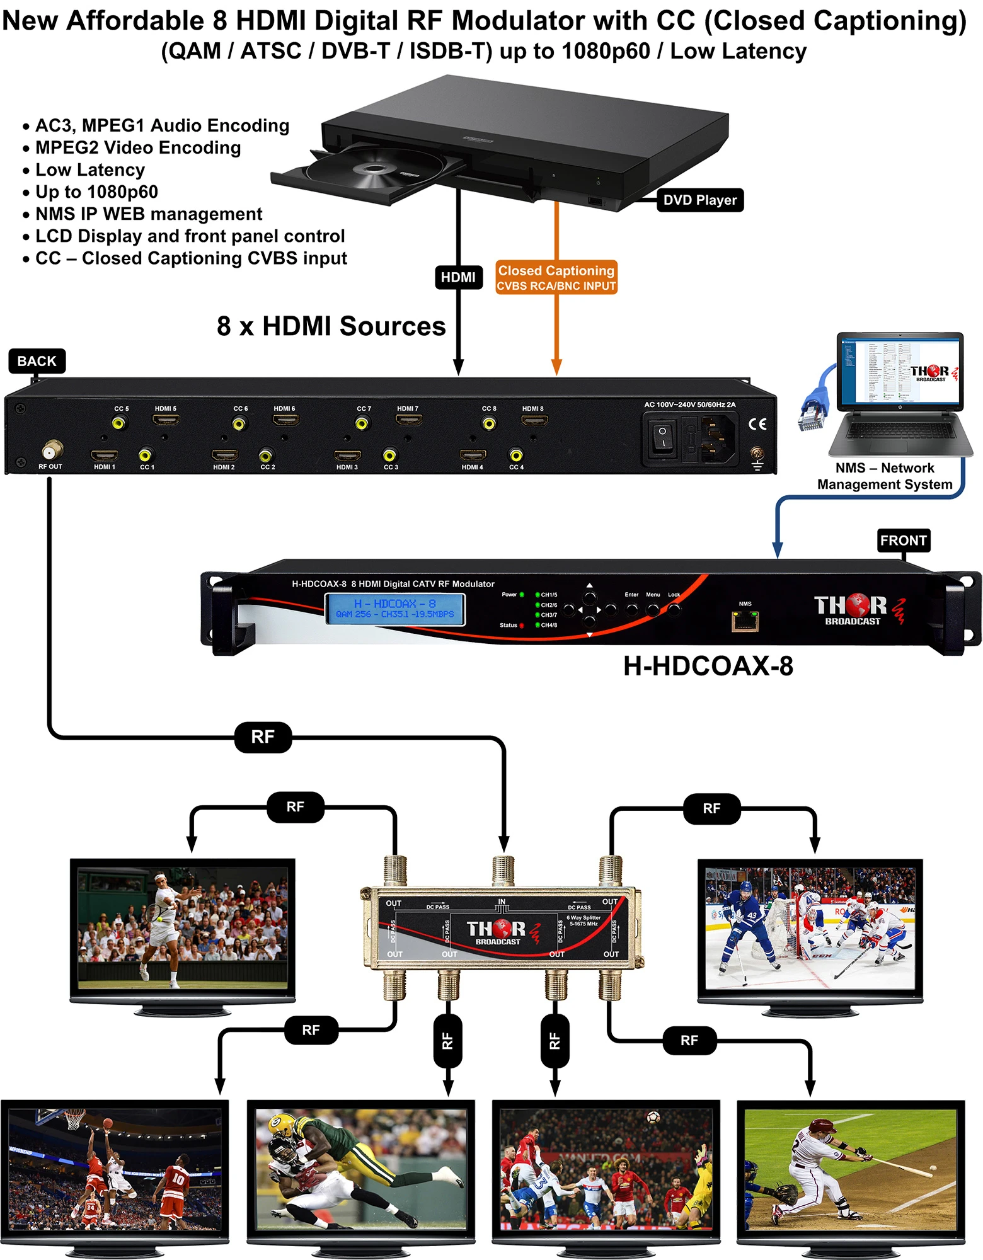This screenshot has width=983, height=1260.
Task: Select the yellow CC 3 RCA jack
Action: tap(390, 455)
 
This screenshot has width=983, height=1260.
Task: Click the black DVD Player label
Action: tap(699, 200)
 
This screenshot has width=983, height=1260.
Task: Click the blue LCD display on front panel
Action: tap(395, 609)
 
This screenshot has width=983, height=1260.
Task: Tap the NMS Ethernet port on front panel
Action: tap(745, 622)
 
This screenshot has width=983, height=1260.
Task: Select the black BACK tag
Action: tap(37, 361)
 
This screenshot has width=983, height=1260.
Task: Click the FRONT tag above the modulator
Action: tap(903, 541)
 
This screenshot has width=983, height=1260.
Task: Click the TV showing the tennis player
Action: tap(182, 927)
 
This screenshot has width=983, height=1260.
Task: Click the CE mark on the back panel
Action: tap(757, 424)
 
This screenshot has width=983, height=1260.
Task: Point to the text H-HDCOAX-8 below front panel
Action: tap(708, 667)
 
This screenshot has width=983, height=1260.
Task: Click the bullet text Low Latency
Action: tap(90, 170)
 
